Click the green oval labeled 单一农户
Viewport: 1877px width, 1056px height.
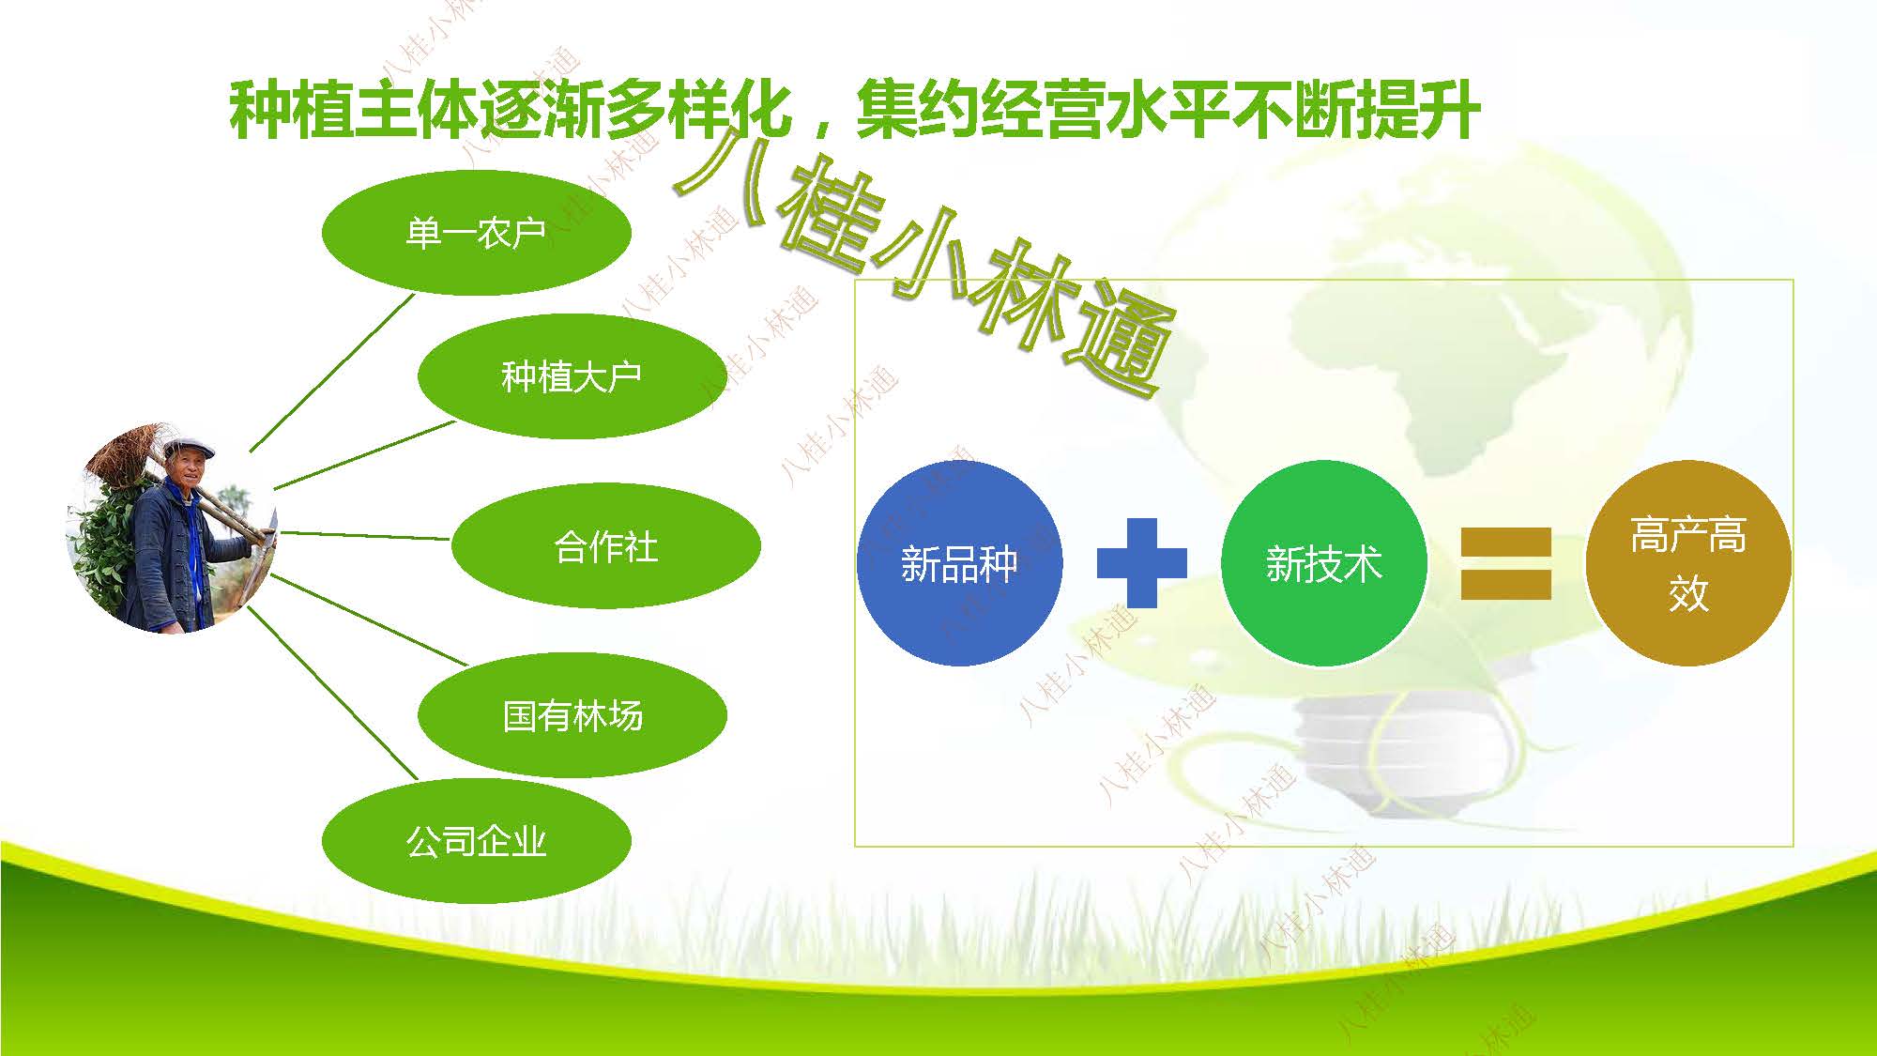(x=476, y=232)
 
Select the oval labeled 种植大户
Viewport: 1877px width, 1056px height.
(x=572, y=376)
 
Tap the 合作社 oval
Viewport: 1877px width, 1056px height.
(x=605, y=545)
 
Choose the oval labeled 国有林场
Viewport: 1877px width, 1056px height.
(x=572, y=715)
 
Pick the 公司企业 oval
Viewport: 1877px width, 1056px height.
(x=476, y=841)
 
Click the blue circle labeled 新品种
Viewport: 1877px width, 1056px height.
(x=959, y=563)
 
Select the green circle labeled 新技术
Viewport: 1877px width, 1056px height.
(x=1323, y=563)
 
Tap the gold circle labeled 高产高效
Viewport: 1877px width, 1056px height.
(x=1688, y=563)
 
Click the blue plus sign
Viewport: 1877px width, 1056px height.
(x=1141, y=563)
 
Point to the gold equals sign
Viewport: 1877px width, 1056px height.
(x=1505, y=563)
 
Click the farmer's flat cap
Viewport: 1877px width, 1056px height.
(x=190, y=447)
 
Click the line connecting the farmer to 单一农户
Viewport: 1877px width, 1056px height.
(x=331, y=373)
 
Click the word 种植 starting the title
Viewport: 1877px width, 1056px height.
(x=291, y=111)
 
